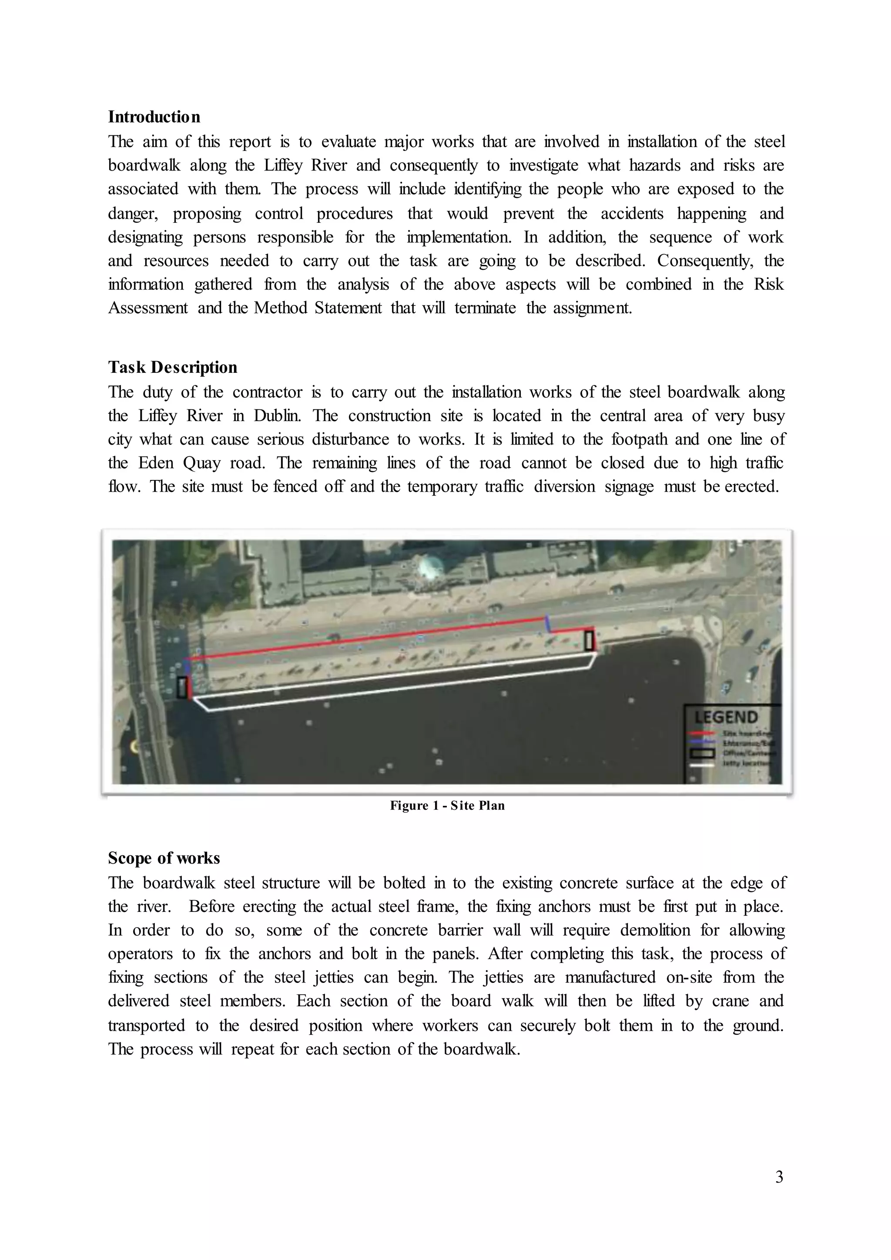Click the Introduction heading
154,117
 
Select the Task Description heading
172,367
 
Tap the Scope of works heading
164,858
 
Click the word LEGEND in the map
726,717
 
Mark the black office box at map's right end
589,640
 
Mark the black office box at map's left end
182,687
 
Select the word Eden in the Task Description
156,462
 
